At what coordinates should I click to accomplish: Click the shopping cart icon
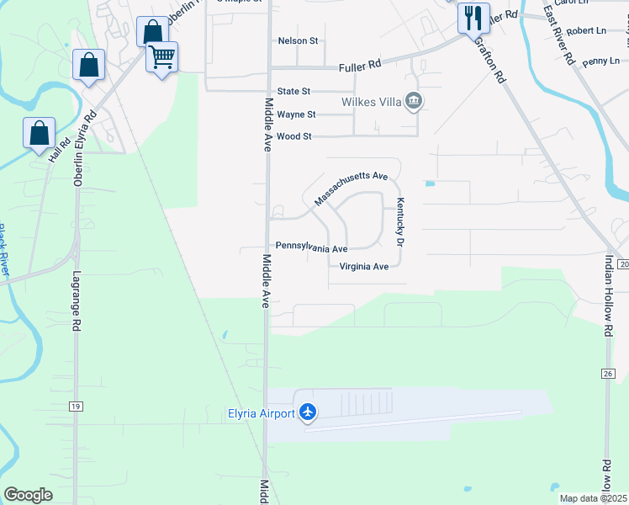(161, 57)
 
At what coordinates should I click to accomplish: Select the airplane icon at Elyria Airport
(308, 412)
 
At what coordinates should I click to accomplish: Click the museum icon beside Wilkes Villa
(413, 102)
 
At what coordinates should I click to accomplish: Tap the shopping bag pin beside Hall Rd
(39, 133)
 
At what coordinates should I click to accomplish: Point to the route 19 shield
(76, 407)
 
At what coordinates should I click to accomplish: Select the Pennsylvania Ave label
(312, 249)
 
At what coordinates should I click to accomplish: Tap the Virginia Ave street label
(363, 267)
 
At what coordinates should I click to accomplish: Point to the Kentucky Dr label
(401, 221)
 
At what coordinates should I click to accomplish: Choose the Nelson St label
(298, 40)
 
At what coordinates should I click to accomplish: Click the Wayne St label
(296, 114)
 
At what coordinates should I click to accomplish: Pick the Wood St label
(294, 136)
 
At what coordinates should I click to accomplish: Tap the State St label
(294, 91)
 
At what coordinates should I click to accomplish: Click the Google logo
(28, 495)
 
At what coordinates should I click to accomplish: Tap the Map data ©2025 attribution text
(593, 498)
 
